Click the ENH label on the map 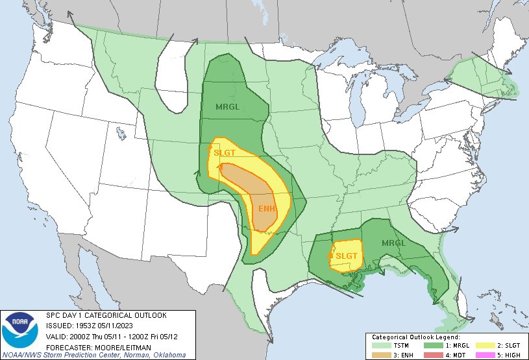click(267, 208)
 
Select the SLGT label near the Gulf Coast click(347, 256)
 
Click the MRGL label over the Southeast click(393, 243)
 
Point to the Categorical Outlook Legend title click(415, 337)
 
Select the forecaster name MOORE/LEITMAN click(116, 346)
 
